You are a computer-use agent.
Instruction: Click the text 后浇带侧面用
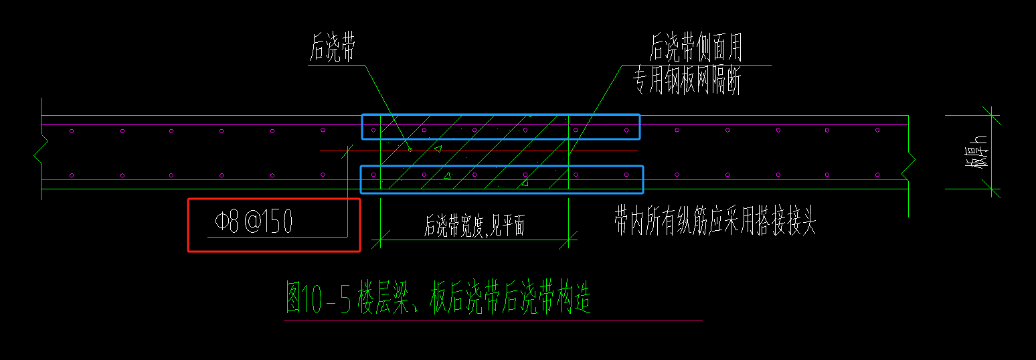pyautogui.click(x=695, y=49)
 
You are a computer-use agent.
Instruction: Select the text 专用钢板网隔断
pyautogui.click(x=687, y=82)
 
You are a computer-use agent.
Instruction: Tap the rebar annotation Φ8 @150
pyautogui.click(x=254, y=223)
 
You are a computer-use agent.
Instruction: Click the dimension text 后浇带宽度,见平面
pyautogui.click(x=474, y=227)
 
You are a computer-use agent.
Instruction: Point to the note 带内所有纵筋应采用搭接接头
pyautogui.click(x=715, y=221)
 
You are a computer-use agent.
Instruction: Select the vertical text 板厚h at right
pyautogui.click(x=980, y=153)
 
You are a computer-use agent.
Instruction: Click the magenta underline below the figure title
pyautogui.click(x=493, y=321)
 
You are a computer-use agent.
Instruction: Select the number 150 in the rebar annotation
pyautogui.click(x=277, y=223)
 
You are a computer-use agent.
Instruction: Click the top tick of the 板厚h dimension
pyautogui.click(x=991, y=116)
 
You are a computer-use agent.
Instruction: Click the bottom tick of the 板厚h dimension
pyautogui.click(x=991, y=189)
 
